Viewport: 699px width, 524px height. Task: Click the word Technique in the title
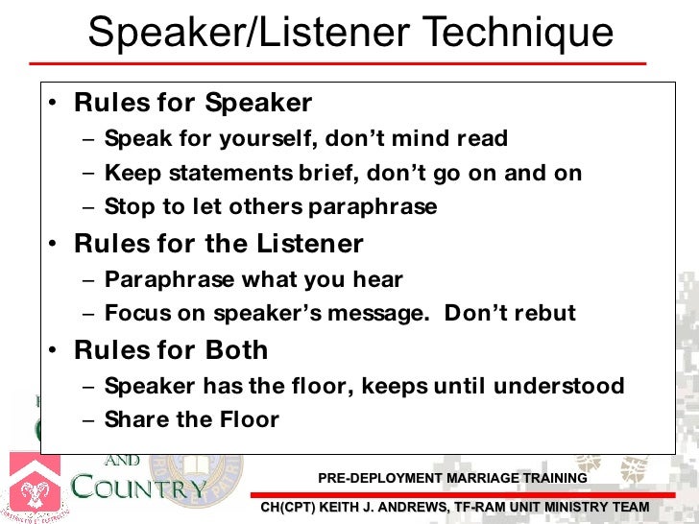[518, 34]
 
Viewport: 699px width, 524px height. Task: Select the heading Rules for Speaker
[193, 103]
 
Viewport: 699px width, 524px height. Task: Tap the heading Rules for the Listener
[219, 244]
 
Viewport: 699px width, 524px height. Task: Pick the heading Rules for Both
[171, 349]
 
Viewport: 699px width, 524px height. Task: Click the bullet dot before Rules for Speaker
[56, 105]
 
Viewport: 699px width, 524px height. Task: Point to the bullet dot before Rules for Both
[56, 351]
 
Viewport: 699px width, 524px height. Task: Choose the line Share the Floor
[191, 419]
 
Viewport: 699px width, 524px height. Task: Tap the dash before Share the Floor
[88, 420]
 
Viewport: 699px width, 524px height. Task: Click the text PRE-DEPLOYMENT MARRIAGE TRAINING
[452, 478]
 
